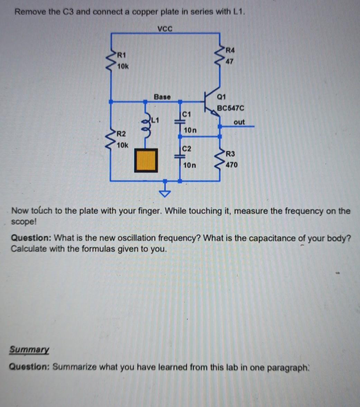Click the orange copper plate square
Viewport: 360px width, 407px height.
coord(146,160)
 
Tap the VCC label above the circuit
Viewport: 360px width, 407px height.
coord(165,28)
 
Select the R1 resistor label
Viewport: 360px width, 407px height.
coord(121,55)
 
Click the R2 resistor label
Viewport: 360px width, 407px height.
coord(121,134)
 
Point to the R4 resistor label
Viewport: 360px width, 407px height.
coord(230,50)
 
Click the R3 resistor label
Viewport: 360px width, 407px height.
coord(230,154)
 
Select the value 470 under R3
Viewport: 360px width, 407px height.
coord(231,165)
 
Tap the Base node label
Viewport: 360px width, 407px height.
coord(162,96)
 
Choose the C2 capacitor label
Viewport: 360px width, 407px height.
coord(186,149)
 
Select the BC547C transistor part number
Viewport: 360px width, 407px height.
coord(230,108)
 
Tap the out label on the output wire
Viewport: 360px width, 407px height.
coord(239,122)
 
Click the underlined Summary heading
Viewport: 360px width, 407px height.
coord(29,350)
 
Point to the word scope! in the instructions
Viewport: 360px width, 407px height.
coord(24,222)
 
